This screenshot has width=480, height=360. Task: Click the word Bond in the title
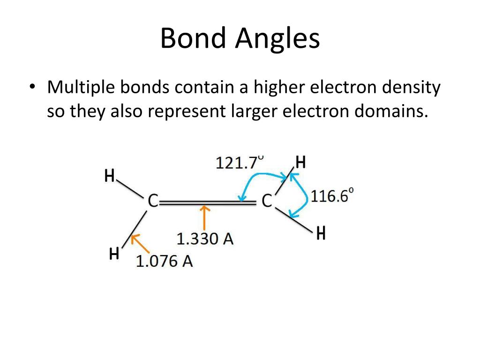(192, 39)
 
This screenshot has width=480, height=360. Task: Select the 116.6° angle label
(332, 196)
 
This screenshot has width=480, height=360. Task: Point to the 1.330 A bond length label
(205, 239)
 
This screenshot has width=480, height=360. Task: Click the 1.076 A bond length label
(164, 261)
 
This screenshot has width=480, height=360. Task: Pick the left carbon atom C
(153, 201)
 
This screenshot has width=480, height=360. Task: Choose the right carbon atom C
(266, 201)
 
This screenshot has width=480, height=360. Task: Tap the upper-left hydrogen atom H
(109, 176)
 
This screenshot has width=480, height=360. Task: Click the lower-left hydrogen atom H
(114, 255)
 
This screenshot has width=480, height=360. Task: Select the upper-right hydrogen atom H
(300, 163)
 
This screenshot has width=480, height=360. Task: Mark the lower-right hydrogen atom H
(321, 233)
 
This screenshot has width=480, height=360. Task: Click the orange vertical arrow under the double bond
(204, 218)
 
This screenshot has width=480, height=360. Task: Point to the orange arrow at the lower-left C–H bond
(140, 245)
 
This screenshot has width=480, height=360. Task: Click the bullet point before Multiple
(32, 88)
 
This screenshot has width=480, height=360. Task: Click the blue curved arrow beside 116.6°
(304, 197)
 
